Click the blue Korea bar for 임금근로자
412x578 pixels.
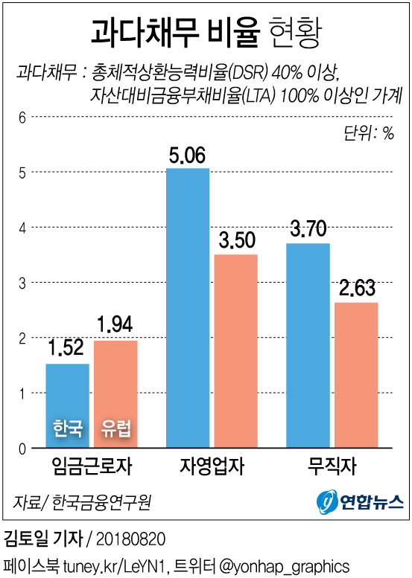tap(68, 394)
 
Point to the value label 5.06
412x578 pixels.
tap(188, 156)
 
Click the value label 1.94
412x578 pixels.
tap(115, 326)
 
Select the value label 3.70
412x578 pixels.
tap(308, 229)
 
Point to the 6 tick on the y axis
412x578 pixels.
tap(22, 117)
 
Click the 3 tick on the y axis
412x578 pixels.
tap(22, 283)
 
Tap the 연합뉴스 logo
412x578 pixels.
tap(360, 501)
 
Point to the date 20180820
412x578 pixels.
tap(131, 538)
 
